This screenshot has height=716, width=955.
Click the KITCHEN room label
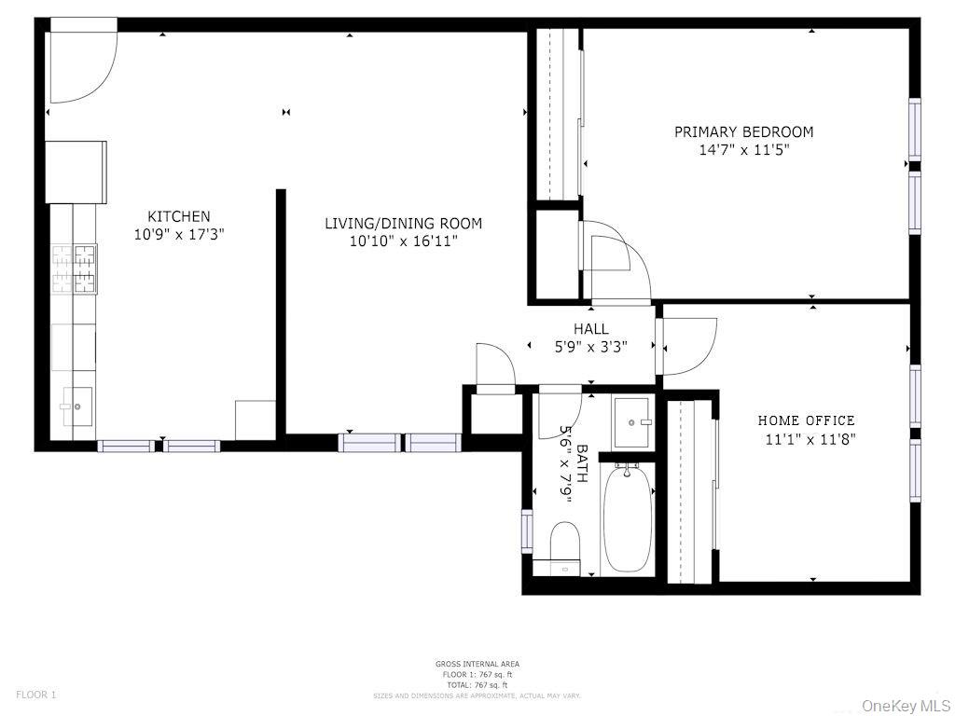pyautogui.click(x=178, y=216)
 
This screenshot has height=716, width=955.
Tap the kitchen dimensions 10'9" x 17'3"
pyautogui.click(x=178, y=234)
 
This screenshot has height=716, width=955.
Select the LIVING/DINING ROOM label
pyautogui.click(x=403, y=223)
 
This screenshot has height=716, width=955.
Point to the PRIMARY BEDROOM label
pyautogui.click(x=743, y=132)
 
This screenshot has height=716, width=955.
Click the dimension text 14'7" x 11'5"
pyautogui.click(x=743, y=150)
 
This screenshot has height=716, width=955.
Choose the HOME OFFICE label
pyautogui.click(x=806, y=420)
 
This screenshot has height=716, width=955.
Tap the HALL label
pyautogui.click(x=591, y=329)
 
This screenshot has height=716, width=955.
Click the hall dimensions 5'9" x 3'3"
pyautogui.click(x=591, y=346)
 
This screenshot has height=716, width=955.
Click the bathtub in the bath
pyautogui.click(x=627, y=520)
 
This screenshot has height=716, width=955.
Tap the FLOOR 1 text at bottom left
pyautogui.click(x=36, y=695)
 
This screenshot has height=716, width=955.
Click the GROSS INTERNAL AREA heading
pyautogui.click(x=477, y=664)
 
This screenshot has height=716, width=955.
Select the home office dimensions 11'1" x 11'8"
pyautogui.click(x=810, y=439)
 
